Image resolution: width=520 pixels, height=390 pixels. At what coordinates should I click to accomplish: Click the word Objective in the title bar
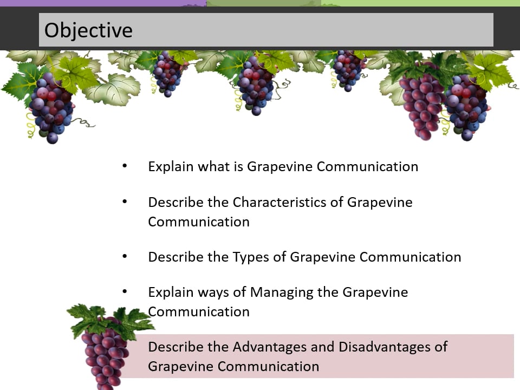88,31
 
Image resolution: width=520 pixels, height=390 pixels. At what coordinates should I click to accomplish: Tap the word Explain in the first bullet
171,167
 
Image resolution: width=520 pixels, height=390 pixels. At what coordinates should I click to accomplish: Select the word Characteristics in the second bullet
279,202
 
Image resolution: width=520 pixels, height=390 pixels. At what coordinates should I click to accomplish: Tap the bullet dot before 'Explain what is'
125,166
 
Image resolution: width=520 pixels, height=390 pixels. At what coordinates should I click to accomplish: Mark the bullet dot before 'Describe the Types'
125,256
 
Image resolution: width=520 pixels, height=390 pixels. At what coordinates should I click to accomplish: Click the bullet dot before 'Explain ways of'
125,291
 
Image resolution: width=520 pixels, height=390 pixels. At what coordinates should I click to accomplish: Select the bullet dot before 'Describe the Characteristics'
125,201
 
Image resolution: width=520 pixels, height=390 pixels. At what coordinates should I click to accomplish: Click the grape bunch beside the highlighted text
106,352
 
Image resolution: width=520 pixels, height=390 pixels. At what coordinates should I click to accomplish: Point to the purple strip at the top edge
103,3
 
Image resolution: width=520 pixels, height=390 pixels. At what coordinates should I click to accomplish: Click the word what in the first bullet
214,166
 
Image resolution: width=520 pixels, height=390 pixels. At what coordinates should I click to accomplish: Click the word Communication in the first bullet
367,167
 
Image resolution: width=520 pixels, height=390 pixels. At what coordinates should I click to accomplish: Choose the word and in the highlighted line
322,347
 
